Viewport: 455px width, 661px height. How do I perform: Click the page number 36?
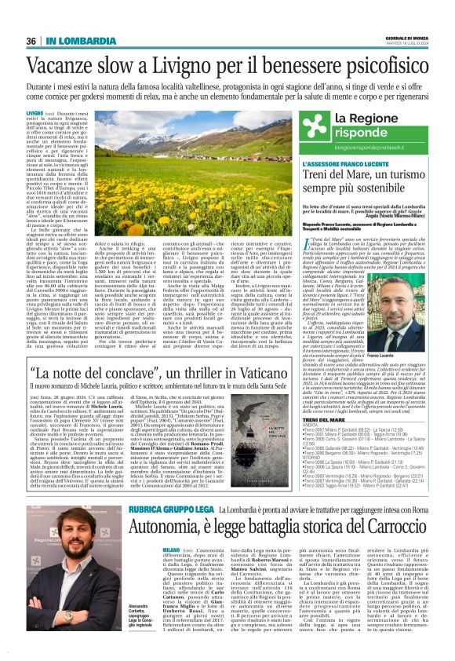31,41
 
